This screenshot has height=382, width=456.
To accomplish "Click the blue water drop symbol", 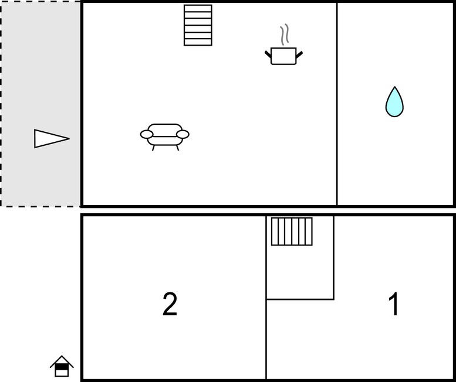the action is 394,102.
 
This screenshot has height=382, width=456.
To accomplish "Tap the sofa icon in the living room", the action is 164,137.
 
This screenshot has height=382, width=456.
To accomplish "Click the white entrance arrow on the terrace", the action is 52,139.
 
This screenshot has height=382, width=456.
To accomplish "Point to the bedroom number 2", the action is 170,304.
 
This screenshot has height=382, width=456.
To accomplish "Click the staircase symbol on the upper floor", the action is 198,25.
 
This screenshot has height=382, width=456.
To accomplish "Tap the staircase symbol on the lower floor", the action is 292,231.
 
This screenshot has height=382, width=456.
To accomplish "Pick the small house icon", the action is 62,366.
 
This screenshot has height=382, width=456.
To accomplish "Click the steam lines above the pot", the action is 285,35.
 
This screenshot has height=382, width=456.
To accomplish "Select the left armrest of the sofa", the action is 147,134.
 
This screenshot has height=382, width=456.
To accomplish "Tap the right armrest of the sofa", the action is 183,134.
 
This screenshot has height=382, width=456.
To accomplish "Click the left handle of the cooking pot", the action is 268,54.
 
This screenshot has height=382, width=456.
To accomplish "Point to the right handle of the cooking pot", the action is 299,54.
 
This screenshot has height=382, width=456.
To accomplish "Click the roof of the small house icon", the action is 62,361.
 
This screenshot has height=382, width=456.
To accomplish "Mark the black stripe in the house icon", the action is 62,367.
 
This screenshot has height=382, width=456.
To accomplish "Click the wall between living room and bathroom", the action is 337,104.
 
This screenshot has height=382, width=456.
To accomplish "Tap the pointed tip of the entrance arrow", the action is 69,139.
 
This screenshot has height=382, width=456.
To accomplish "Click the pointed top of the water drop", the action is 394,87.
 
